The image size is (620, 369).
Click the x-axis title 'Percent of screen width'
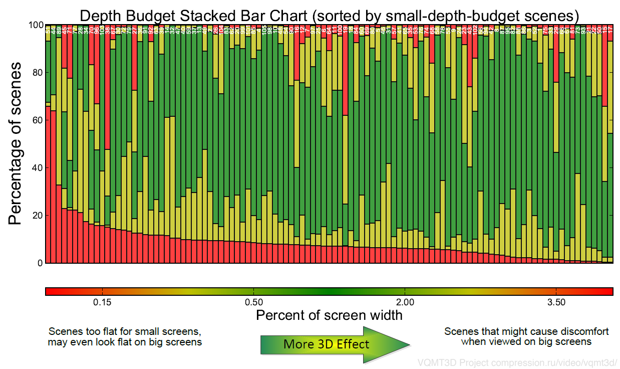click(x=329, y=315)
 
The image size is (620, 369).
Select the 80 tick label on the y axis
click(x=36, y=73)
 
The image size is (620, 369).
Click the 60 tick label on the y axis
click(x=36, y=120)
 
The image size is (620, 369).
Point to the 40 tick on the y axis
click(x=36, y=168)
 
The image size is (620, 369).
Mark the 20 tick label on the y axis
click(x=36, y=216)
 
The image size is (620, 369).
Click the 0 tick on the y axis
click(x=39, y=263)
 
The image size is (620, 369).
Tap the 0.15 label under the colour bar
click(x=102, y=302)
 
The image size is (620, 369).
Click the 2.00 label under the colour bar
click(x=405, y=302)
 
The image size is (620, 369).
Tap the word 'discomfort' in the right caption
click(x=584, y=332)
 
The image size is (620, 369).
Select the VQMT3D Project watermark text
click(x=517, y=362)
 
